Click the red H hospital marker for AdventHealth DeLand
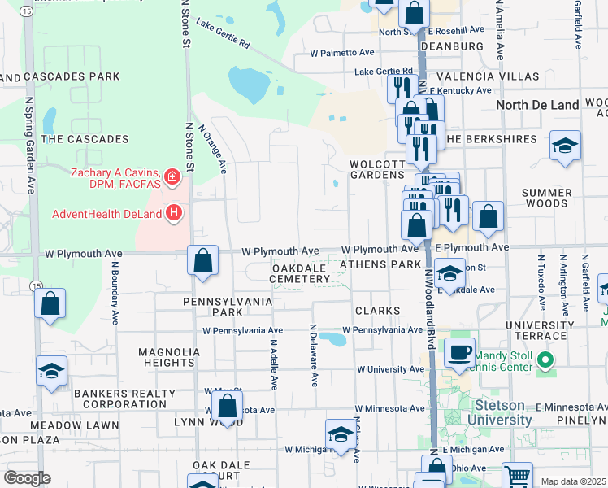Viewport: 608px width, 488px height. [172, 214]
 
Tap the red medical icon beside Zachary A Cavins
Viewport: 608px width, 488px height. [172, 176]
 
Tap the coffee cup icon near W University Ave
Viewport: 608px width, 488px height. [459, 351]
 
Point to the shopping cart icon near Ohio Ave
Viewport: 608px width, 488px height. [516, 475]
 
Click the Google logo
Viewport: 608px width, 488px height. [27, 477]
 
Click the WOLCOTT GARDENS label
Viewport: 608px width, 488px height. [377, 169]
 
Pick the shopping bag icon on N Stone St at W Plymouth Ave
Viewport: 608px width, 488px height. [202, 260]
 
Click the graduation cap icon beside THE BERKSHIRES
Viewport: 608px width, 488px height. [565, 146]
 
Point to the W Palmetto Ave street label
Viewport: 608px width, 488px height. [342, 53]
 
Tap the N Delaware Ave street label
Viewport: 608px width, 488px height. [313, 355]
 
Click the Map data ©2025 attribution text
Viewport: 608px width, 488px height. [574, 481]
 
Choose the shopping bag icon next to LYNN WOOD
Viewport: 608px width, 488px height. [228, 406]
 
